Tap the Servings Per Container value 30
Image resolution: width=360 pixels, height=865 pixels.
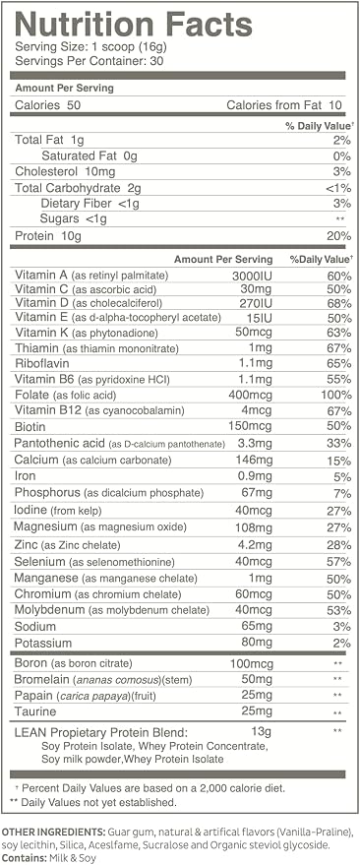(156, 61)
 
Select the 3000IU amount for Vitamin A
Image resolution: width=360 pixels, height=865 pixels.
(253, 275)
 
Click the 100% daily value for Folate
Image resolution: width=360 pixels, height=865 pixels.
(336, 395)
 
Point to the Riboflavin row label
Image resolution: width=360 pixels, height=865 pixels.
(38, 364)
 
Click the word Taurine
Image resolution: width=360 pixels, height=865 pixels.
(35, 711)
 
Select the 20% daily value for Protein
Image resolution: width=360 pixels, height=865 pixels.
(338, 236)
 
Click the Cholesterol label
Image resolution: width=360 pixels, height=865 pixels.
(43, 171)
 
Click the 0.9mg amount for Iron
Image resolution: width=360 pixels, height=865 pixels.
(257, 476)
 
